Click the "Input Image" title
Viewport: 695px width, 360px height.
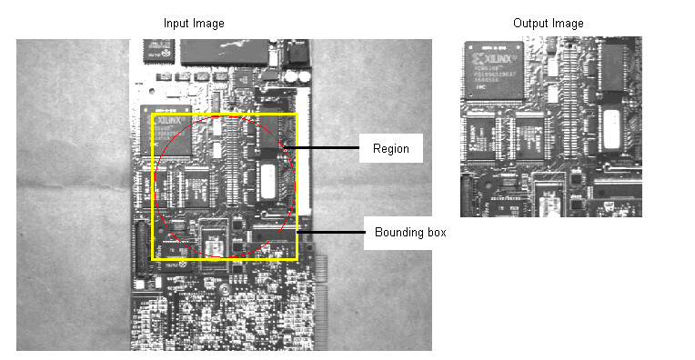[194, 23]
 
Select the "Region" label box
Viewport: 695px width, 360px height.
[391, 148]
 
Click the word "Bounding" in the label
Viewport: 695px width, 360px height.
[394, 233]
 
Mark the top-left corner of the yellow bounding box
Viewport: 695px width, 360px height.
[152, 115]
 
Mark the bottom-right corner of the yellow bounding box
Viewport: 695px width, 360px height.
[297, 259]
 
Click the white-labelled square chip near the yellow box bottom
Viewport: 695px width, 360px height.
[214, 242]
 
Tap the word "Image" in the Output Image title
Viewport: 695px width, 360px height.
[569, 23]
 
